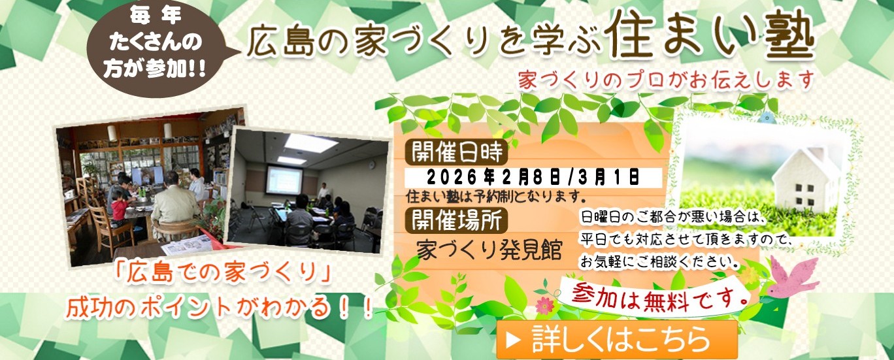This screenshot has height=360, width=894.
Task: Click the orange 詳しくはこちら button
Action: (617, 339)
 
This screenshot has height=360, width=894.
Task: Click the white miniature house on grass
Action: (808, 176)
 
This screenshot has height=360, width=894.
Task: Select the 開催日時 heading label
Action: (455, 153)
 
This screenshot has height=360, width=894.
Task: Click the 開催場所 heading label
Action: (455, 221)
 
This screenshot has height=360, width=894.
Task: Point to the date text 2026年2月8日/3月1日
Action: (533, 176)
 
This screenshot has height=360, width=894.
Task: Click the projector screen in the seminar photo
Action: (284, 179)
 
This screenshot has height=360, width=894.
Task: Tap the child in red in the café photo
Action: (120, 208)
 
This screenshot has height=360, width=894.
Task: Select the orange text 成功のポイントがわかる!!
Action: (220, 307)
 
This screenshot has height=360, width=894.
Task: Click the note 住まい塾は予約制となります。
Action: (494, 196)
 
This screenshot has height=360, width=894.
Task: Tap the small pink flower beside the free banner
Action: (544, 304)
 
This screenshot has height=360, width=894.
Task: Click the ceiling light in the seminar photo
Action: (310, 143)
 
